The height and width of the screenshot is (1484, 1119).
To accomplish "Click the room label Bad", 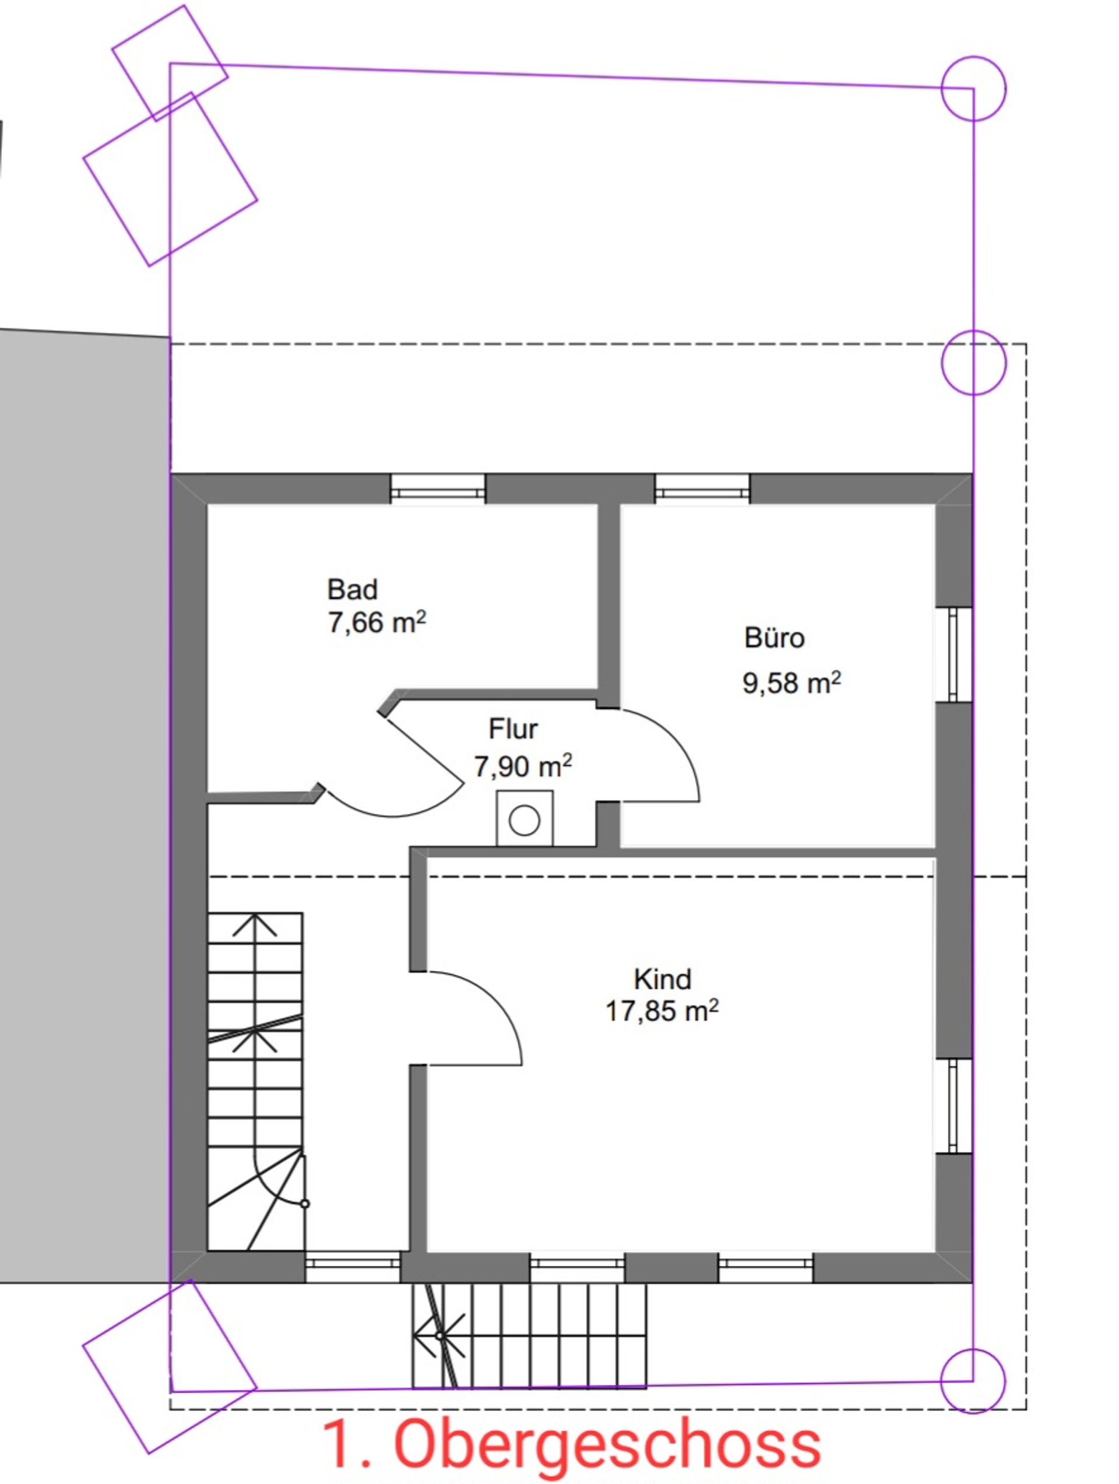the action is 352,590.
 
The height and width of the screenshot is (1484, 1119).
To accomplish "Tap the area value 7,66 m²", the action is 377,622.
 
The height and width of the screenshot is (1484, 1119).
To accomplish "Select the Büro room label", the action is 774,637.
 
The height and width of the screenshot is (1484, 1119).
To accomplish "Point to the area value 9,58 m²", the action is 791,683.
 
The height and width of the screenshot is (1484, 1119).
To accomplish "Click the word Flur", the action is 513,729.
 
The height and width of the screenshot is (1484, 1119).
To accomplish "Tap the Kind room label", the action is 662,979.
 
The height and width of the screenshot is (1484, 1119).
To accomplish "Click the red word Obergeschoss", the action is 607,1444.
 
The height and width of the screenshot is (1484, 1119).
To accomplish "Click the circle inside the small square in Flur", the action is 525,820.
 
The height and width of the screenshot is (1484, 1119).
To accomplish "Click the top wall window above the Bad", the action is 438,489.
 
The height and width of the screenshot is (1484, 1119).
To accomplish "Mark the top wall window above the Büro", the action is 702,489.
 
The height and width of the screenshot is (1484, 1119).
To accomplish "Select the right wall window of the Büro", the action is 954,655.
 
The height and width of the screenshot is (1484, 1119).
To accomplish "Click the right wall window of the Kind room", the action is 954,1106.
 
